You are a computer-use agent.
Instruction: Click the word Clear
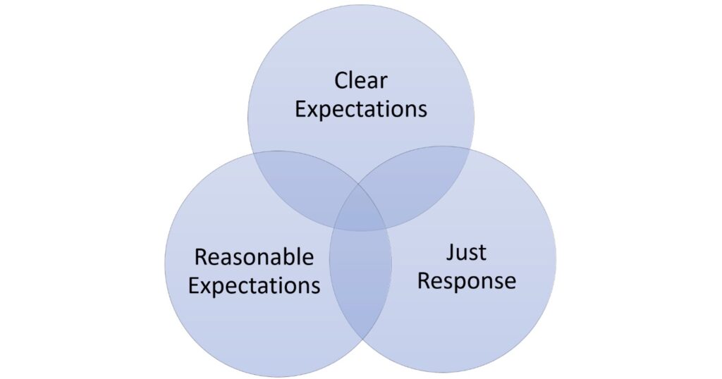[x=360, y=80]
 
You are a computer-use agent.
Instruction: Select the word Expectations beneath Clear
[x=360, y=109]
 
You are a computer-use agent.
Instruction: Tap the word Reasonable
[x=254, y=257]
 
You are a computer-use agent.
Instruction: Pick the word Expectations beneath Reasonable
[x=254, y=285]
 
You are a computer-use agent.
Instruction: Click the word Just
[x=466, y=252]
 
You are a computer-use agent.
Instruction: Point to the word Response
[x=466, y=281]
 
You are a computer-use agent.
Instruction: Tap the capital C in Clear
[x=342, y=80]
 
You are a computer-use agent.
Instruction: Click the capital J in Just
[x=449, y=252]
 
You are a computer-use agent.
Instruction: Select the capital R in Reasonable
[x=200, y=257]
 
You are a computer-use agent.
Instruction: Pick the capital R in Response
[x=424, y=280]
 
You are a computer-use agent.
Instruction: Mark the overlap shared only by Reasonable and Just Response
[x=361, y=282]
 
